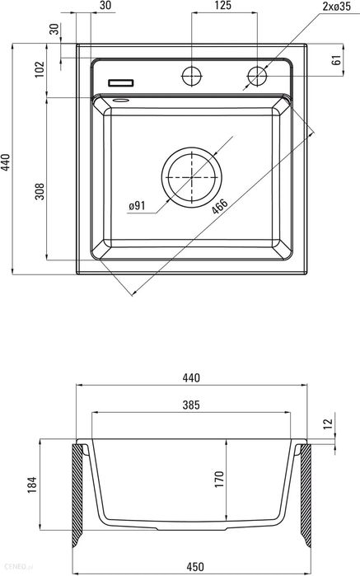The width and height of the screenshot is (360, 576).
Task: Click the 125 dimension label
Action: (223, 5)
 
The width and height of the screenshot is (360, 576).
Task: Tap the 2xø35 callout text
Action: (336, 7)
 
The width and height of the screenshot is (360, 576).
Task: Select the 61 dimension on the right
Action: (336, 60)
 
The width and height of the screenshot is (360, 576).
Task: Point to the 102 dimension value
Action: (40, 69)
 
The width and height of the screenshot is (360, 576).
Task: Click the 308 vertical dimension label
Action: (40, 191)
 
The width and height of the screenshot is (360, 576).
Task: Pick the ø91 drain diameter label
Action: (137, 206)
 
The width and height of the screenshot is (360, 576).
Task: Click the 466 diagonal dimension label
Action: (220, 206)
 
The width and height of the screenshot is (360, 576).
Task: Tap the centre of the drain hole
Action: (192, 177)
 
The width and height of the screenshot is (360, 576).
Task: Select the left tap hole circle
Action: (192, 76)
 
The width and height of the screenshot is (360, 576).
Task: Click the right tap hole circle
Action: (257, 76)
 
